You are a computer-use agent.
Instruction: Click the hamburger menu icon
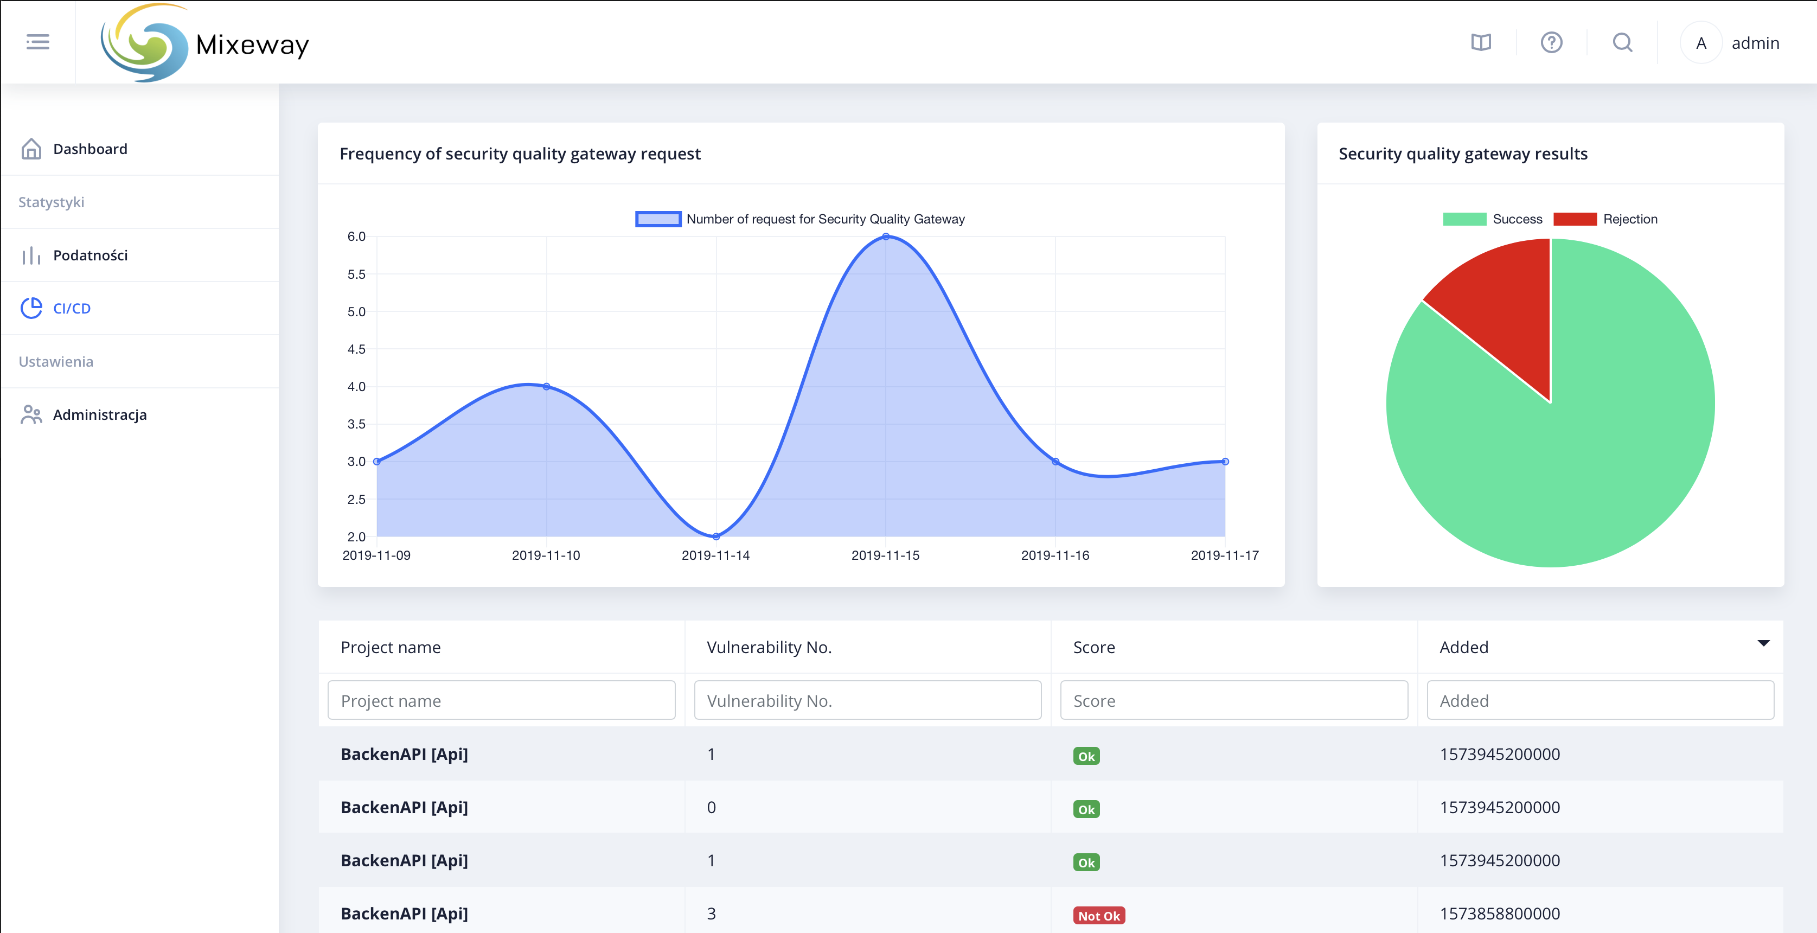[38, 42]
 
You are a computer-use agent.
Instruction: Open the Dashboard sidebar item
[89, 149]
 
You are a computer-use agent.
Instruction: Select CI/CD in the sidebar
[71, 308]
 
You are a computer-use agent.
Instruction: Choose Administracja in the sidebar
[99, 414]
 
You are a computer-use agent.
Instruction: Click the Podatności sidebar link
[89, 255]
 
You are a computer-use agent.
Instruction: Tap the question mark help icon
[1551, 43]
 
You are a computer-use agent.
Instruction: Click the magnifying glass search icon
[1622, 43]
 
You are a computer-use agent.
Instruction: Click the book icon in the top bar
[1481, 43]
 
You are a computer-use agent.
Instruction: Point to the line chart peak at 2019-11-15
[885, 237]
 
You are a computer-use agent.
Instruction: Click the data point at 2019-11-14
[716, 536]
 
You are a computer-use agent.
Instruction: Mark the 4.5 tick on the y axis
[356, 349]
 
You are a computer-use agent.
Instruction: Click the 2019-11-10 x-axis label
[546, 555]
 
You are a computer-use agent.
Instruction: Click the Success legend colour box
[1464, 219]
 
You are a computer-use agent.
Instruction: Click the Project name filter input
[502, 700]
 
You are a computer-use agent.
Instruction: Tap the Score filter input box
[1234, 700]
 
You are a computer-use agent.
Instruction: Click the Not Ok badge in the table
[1099, 915]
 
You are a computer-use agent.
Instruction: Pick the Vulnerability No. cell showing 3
[711, 914]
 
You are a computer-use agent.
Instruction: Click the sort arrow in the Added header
[1763, 643]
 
